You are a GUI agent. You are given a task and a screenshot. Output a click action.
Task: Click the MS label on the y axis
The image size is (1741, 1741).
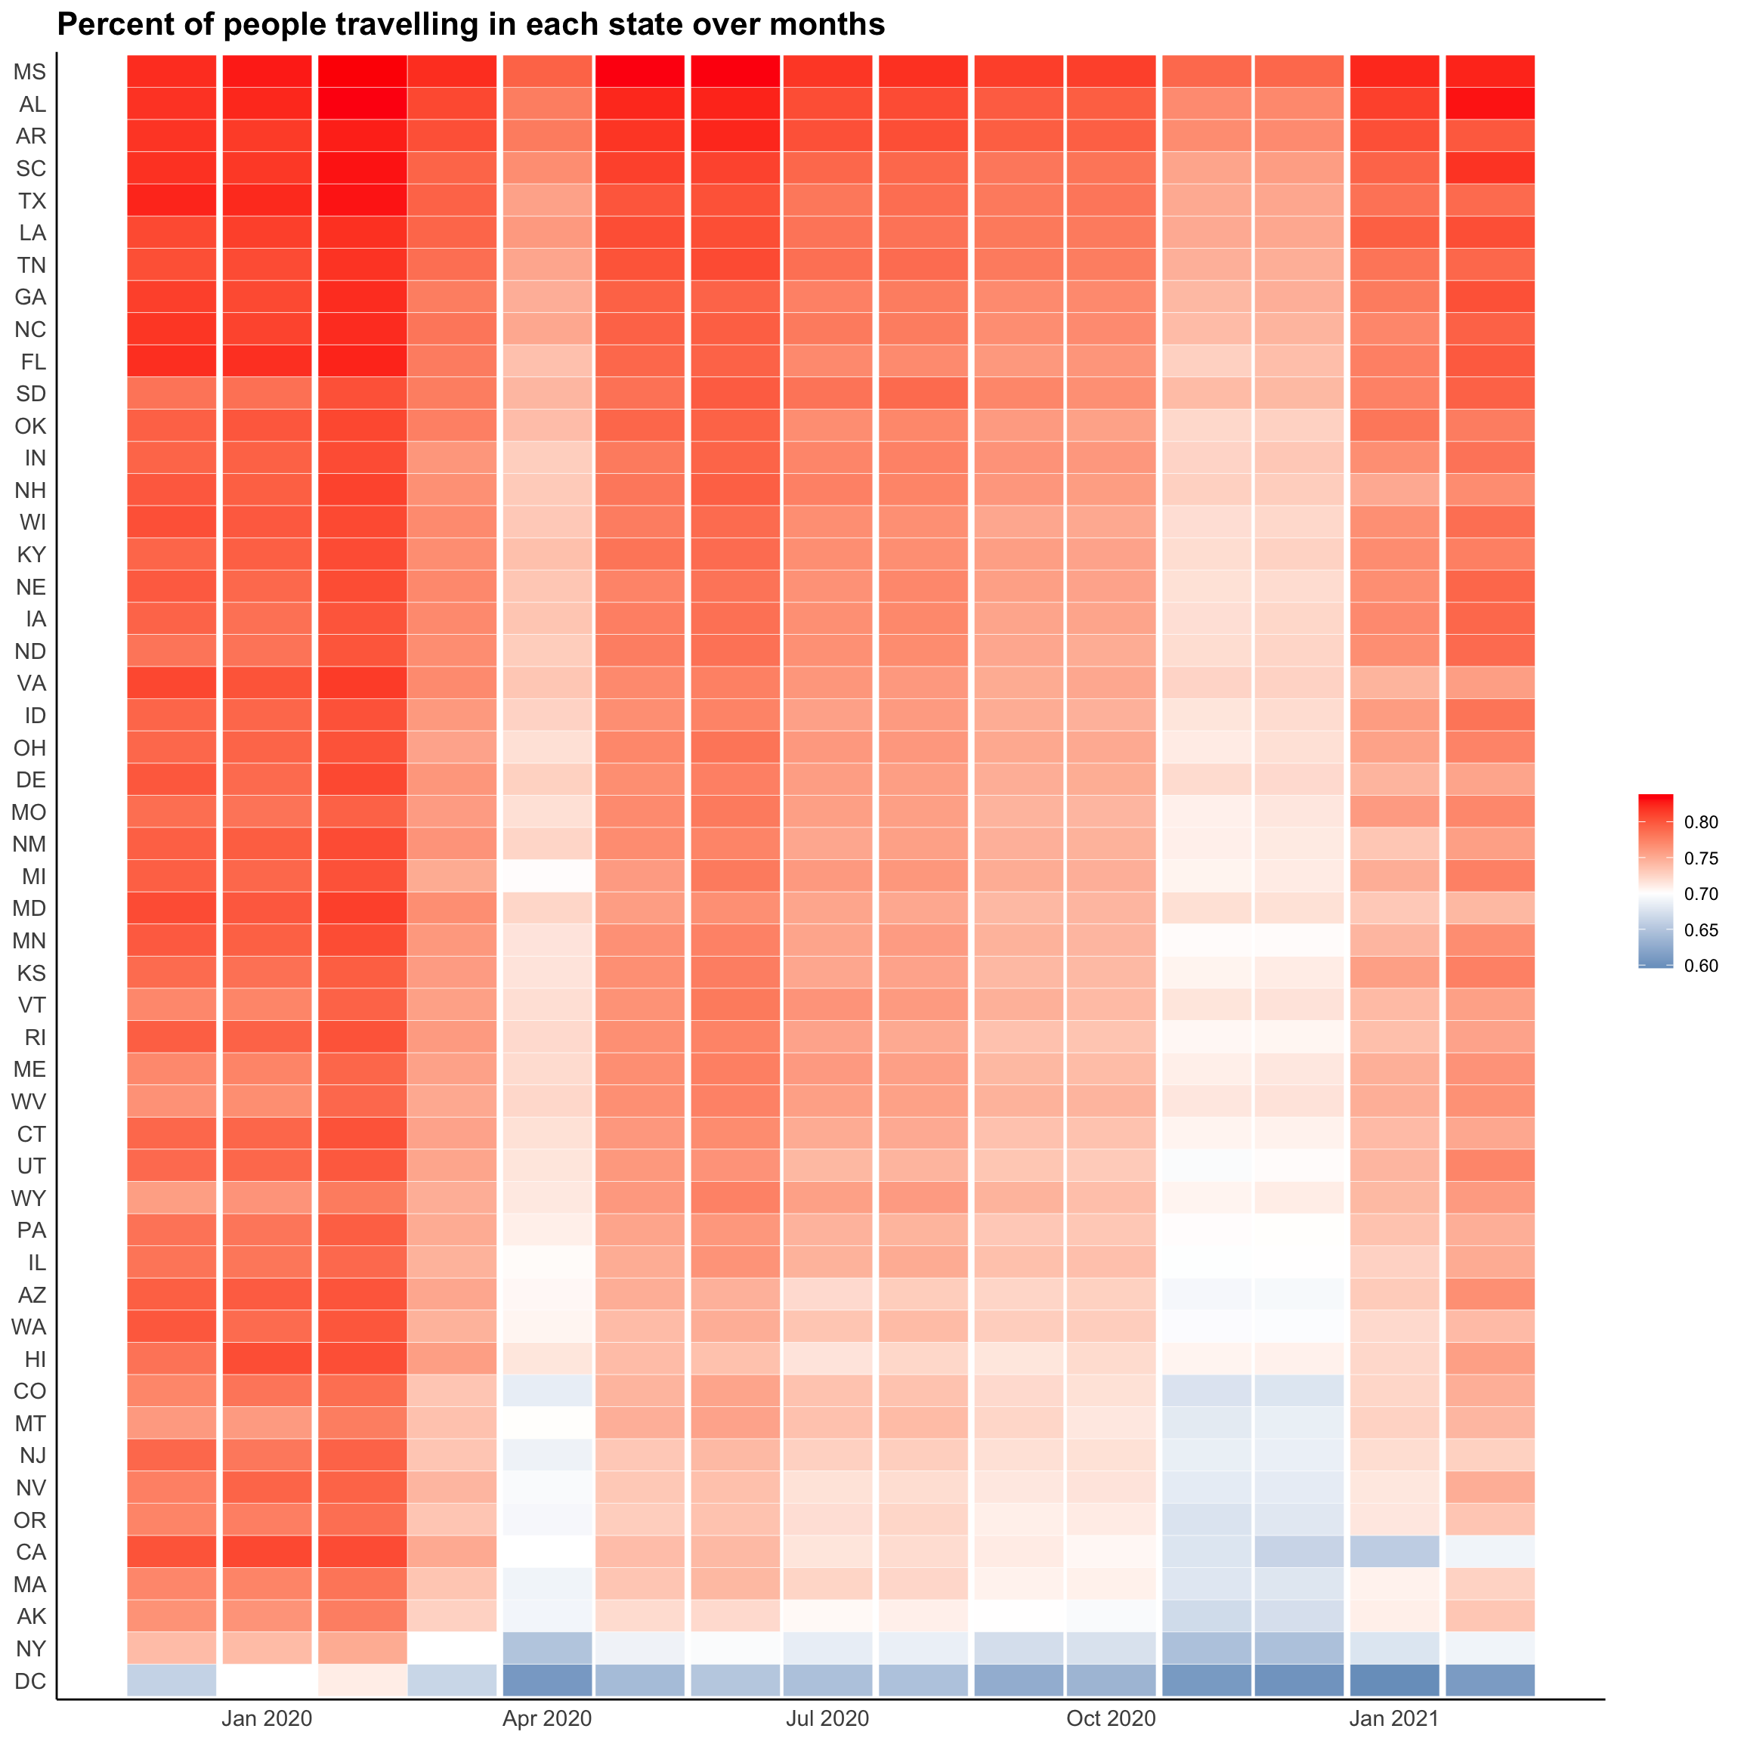click(x=29, y=72)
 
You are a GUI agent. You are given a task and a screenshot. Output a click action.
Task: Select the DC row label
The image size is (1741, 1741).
click(x=29, y=1681)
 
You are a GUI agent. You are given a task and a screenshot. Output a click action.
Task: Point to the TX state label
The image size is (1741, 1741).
click(x=32, y=201)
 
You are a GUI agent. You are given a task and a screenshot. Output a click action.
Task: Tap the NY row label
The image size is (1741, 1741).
click(x=31, y=1648)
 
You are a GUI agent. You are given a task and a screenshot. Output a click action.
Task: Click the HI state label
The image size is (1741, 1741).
click(x=34, y=1359)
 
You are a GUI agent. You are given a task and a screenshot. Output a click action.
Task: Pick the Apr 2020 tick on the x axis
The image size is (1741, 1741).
click(x=547, y=1718)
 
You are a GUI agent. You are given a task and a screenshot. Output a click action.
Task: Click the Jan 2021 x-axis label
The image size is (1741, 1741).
click(x=1394, y=1718)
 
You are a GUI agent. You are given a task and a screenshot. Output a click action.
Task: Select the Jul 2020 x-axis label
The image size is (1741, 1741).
click(x=827, y=1718)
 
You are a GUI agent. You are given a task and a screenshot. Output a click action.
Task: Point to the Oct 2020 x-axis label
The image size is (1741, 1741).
click(x=1110, y=1718)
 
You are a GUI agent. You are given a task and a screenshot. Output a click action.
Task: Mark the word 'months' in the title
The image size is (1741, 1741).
click(x=828, y=24)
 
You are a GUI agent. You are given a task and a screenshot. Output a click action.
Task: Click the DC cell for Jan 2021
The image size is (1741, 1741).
click(x=1394, y=1681)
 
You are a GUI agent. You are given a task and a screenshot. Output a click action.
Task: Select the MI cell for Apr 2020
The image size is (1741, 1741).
click(x=547, y=876)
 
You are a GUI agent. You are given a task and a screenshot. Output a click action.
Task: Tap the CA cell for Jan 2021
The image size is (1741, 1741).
click(x=1394, y=1552)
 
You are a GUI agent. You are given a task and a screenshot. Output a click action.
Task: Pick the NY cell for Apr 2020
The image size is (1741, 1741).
click(x=547, y=1648)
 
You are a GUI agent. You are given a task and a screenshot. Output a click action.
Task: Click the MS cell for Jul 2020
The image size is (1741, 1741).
click(x=827, y=72)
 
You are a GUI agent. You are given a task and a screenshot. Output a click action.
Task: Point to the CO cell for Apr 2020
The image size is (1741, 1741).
click(x=547, y=1390)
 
